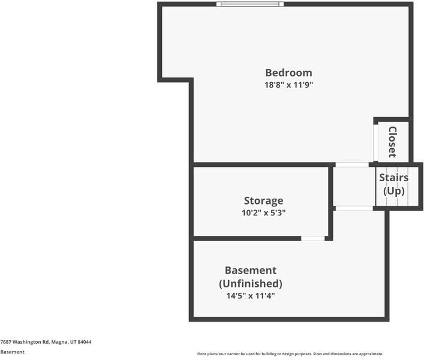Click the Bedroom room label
(289, 73)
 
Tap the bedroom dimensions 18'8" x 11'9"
(289, 85)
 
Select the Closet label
(392, 142)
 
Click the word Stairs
(393, 178)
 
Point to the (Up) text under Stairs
(393, 191)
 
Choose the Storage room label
(264, 200)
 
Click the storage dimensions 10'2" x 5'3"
(264, 213)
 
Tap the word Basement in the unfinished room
(251, 271)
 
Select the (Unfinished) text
(251, 283)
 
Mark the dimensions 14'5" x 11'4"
(251, 296)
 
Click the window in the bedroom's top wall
(250, 4)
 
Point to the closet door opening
(375, 142)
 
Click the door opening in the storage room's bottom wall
(313, 238)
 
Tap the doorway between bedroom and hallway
(352, 165)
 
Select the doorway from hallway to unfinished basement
(354, 208)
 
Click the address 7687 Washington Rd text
(25, 342)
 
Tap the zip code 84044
(85, 342)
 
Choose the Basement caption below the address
(13, 352)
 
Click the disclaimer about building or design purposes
(290, 354)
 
